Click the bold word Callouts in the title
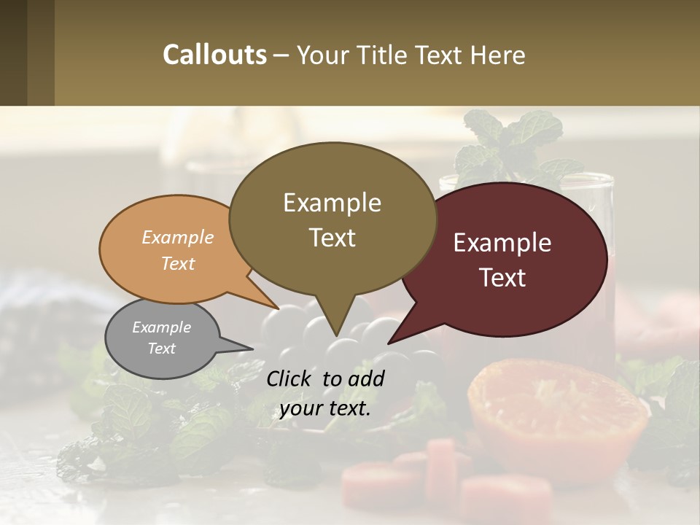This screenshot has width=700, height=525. [x=214, y=55]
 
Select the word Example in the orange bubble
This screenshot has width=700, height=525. [x=178, y=237]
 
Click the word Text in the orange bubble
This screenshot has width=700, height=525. [x=178, y=263]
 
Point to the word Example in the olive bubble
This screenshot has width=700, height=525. [x=332, y=203]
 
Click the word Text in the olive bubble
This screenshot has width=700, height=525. [x=332, y=238]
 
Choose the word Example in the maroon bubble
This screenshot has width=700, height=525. [x=502, y=243]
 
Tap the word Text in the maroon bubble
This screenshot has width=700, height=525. [x=502, y=278]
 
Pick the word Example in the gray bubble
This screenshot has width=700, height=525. [x=161, y=327]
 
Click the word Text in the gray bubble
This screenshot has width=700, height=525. [x=161, y=349]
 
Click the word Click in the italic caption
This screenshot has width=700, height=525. [x=291, y=378]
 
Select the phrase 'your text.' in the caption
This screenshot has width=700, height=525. [x=325, y=408]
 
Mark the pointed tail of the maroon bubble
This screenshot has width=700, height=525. [x=389, y=342]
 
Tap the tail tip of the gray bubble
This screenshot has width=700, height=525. [x=252, y=347]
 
